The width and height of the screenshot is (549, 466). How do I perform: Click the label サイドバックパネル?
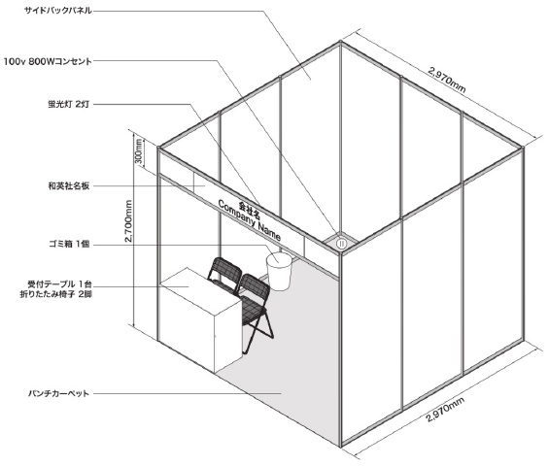[x=58, y=11]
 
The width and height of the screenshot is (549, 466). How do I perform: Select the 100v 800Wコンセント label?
[x=48, y=61]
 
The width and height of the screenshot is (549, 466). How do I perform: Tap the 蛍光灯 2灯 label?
[x=69, y=104]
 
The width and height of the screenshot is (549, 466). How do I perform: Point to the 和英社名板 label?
[x=69, y=185]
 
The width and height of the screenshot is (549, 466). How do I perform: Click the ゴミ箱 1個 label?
[x=69, y=245]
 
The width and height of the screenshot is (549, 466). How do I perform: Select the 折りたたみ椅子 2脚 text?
[x=56, y=294]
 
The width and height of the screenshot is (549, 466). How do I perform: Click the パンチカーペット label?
[x=59, y=393]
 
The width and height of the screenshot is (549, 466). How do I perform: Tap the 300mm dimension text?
[x=139, y=151]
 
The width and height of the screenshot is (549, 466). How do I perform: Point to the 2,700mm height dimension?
[x=128, y=221]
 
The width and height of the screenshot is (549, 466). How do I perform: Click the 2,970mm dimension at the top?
[x=447, y=81]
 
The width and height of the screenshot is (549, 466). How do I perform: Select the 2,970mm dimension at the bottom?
[x=445, y=411]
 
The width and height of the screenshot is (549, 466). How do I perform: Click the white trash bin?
[x=279, y=272]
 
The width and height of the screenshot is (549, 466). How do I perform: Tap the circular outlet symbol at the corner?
[x=341, y=244]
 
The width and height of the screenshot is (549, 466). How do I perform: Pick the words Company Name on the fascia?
[x=250, y=220]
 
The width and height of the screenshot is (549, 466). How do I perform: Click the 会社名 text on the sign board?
[x=250, y=208]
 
